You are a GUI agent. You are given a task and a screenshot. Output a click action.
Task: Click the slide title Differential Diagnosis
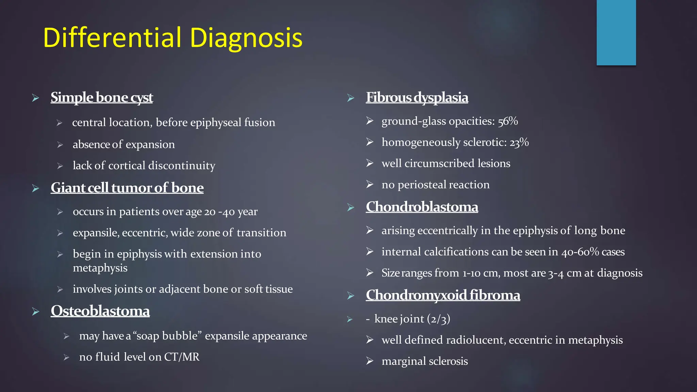(x=173, y=37)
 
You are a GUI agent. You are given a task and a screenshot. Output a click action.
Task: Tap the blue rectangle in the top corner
(x=616, y=33)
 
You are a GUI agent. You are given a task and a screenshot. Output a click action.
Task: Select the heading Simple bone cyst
(x=102, y=97)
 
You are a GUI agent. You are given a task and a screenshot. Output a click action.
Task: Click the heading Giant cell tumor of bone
(x=127, y=188)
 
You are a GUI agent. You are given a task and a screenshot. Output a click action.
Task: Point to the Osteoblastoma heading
(x=100, y=311)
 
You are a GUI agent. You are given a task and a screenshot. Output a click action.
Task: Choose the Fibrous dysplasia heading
(x=417, y=97)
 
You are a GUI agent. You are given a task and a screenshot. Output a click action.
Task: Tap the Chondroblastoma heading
(x=422, y=207)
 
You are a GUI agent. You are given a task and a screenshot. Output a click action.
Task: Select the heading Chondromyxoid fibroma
(x=443, y=295)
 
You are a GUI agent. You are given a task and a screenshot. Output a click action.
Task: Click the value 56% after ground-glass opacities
(x=508, y=121)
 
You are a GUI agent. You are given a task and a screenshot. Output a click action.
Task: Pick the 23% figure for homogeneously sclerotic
(x=519, y=142)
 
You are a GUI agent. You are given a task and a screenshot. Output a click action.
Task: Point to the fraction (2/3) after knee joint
(x=439, y=319)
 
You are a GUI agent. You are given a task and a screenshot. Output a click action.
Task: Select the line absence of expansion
(x=124, y=145)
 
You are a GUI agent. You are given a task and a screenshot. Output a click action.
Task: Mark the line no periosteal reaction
(x=435, y=185)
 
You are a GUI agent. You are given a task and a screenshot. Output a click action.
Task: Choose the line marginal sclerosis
(x=424, y=361)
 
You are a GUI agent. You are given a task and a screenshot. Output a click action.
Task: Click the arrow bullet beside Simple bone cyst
(x=36, y=98)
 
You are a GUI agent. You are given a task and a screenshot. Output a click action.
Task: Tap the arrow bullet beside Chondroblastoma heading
(x=351, y=208)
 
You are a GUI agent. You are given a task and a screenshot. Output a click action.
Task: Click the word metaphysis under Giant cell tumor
(x=100, y=268)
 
